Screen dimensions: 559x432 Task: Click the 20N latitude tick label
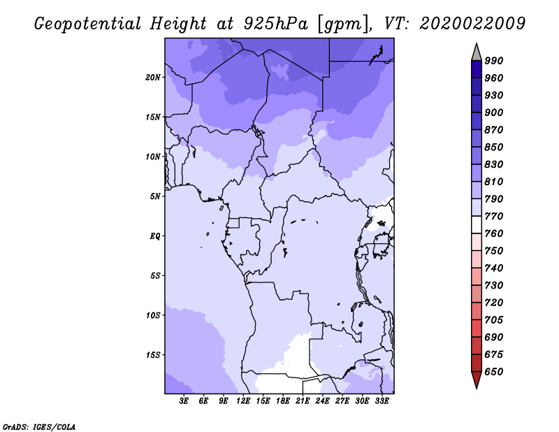coord(153,78)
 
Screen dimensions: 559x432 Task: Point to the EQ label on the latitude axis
coord(155,236)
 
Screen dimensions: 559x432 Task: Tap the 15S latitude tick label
coord(153,355)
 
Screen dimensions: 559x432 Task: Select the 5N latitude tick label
coord(155,196)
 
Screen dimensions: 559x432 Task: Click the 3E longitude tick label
coord(184,401)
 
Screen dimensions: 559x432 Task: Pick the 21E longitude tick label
coord(303,401)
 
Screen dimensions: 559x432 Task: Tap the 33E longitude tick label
coord(382,401)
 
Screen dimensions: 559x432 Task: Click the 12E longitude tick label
coord(243,401)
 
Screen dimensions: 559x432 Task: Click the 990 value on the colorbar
coord(494,61)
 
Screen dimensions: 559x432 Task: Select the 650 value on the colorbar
coord(494,372)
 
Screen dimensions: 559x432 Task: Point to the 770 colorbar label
coord(494,216)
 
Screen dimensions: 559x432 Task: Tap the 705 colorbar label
coord(494,320)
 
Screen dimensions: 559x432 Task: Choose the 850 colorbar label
coord(494,147)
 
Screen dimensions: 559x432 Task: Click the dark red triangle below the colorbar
coord(477,379)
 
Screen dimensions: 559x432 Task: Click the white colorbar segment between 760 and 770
coord(477,225)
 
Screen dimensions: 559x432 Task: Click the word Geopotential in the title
coord(88,24)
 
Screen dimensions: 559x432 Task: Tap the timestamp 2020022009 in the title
coord(472,24)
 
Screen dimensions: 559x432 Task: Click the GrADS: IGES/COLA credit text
coord(39,427)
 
